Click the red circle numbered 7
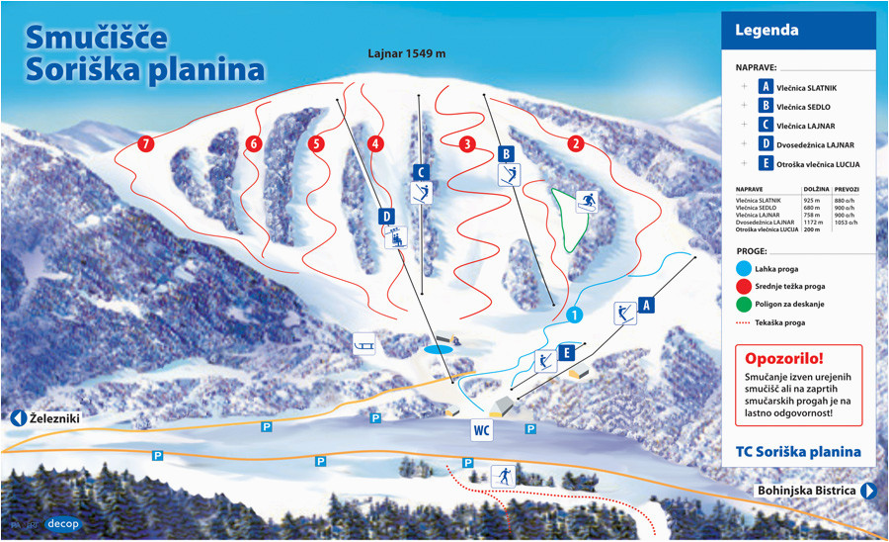click(x=146, y=143)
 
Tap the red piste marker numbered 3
click(x=467, y=143)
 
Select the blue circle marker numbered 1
click(x=575, y=316)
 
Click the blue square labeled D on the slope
click(x=386, y=216)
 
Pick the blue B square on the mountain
click(x=507, y=153)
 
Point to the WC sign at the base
click(x=481, y=430)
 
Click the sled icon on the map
click(x=365, y=343)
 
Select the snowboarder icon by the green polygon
click(x=588, y=202)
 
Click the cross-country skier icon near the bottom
click(x=503, y=476)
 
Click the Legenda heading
click(x=767, y=30)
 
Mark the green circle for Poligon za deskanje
click(x=744, y=304)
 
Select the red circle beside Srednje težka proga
click(x=744, y=286)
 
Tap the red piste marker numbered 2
click(x=575, y=143)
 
